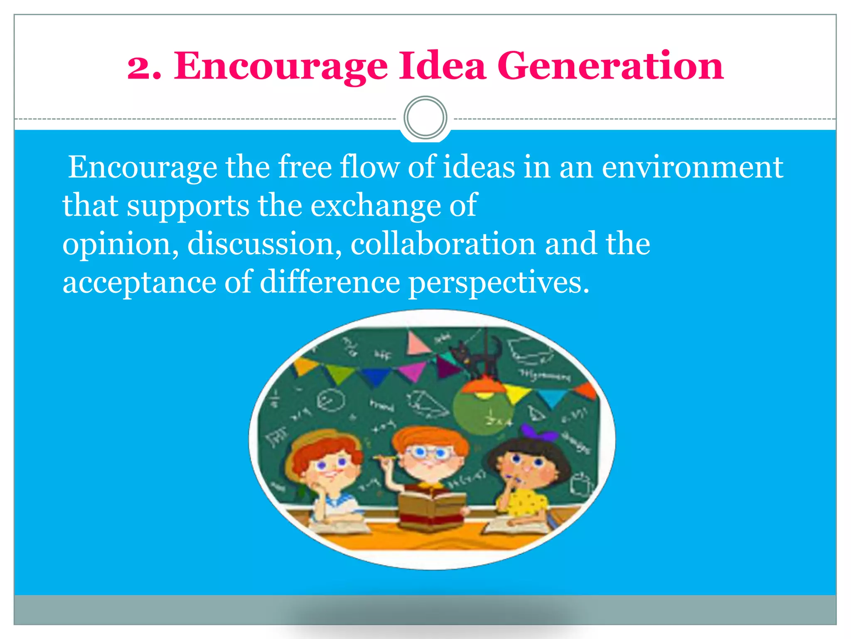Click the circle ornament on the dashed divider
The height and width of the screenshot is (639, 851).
pyautogui.click(x=425, y=118)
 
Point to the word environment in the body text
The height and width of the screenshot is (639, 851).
pyautogui.click(x=692, y=167)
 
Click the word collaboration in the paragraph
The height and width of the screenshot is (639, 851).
pyautogui.click(x=443, y=244)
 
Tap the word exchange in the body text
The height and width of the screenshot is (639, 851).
pyautogui.click(x=376, y=206)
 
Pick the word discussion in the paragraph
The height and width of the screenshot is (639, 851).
pyautogui.click(x=265, y=244)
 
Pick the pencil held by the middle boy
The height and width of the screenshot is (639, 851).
pyautogui.click(x=384, y=458)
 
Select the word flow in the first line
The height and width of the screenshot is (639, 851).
pyautogui.click(x=369, y=167)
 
